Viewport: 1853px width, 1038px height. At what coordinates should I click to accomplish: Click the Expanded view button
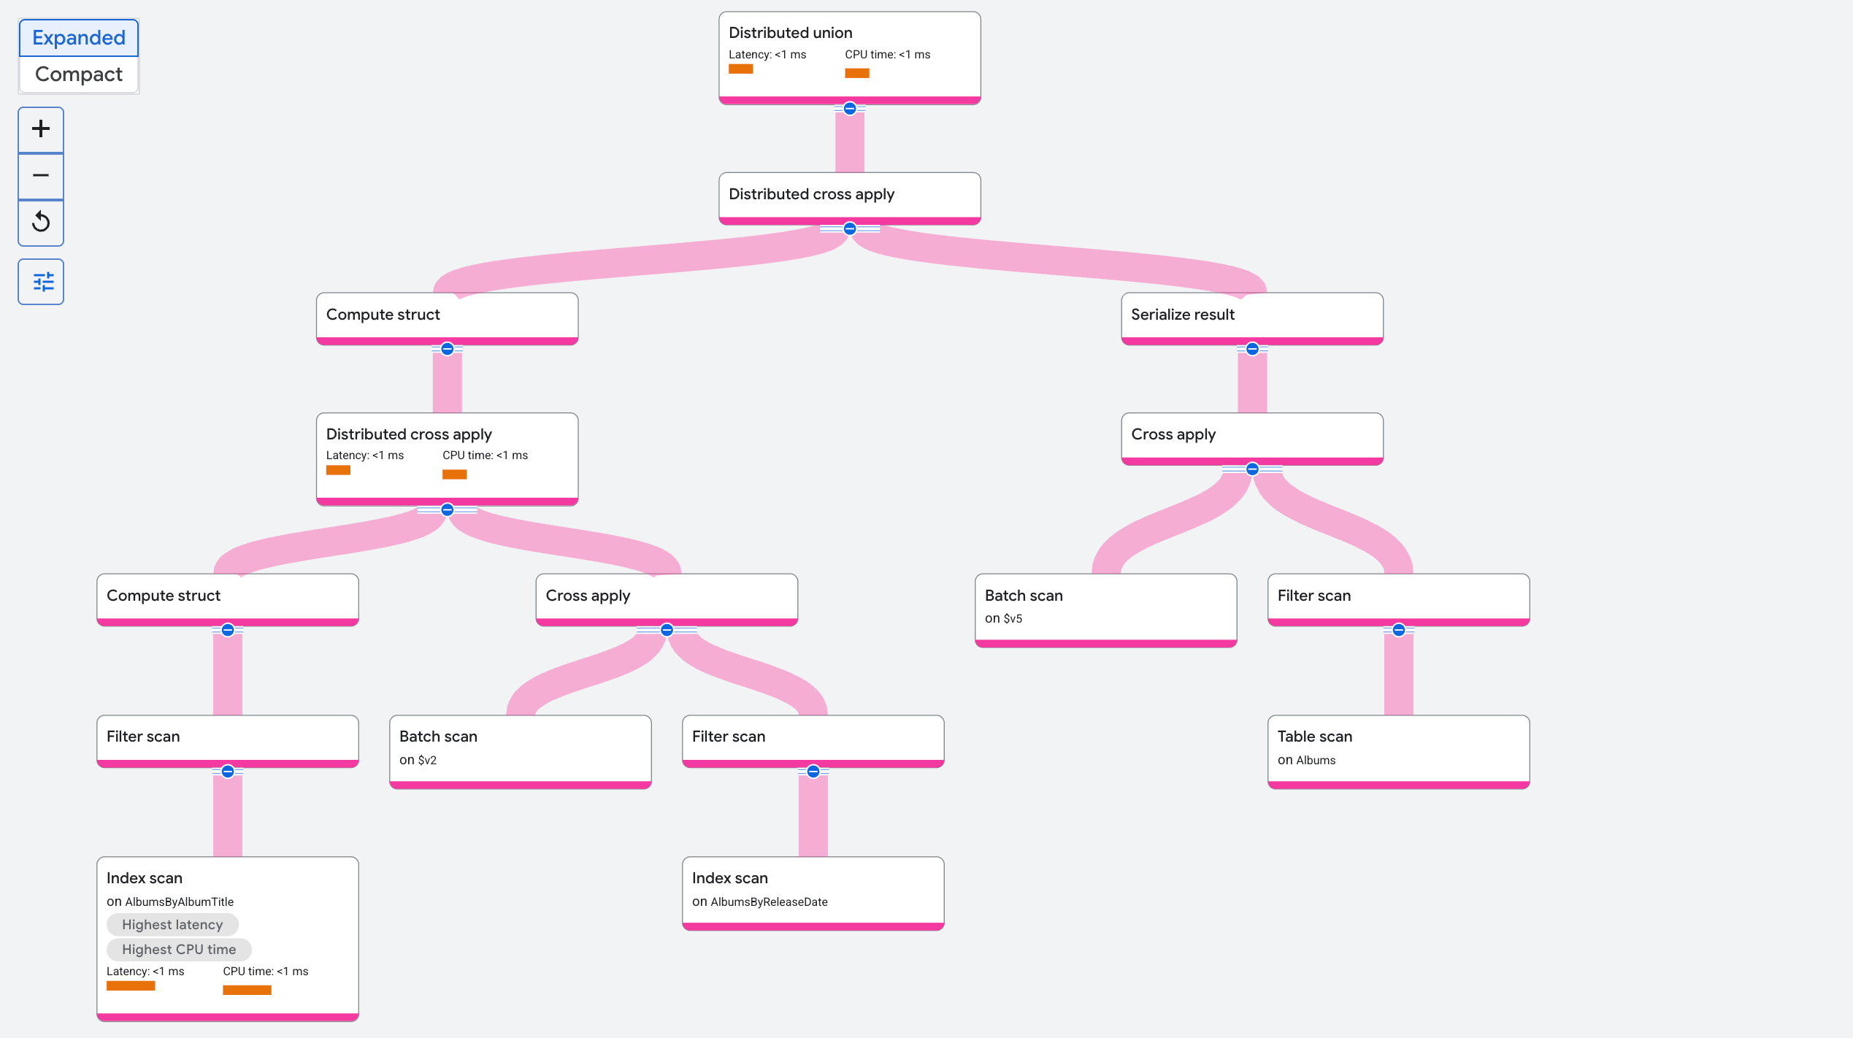coord(79,38)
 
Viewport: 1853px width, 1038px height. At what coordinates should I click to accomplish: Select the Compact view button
coord(79,74)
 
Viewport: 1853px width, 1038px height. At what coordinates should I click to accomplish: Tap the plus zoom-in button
coord(41,129)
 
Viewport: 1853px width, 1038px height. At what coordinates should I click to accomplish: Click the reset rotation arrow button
coord(41,222)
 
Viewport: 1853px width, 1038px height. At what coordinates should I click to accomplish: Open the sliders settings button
coord(41,282)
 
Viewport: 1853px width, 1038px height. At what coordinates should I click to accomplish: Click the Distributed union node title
coord(791,33)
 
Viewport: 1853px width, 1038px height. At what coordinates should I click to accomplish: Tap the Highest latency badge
coord(172,925)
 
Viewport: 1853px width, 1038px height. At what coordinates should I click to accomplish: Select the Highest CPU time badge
coord(179,950)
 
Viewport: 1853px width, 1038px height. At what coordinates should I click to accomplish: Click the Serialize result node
coord(1252,319)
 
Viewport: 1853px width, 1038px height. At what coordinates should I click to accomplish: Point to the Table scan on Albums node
coord(1398,752)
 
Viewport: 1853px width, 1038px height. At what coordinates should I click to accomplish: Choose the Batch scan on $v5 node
coord(1105,610)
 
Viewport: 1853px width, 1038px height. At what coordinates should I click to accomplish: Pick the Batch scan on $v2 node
coord(521,752)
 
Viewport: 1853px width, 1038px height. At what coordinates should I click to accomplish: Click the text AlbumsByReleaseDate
coord(769,902)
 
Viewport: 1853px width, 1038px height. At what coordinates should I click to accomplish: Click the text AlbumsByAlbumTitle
coord(180,902)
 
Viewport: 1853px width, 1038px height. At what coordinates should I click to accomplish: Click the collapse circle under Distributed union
coord(850,109)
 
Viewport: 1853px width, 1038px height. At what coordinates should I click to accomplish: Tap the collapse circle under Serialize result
coord(1252,349)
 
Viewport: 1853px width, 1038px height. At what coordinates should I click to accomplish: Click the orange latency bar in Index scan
coord(131,985)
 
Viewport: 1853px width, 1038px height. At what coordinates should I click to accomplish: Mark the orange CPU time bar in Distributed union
coord(857,73)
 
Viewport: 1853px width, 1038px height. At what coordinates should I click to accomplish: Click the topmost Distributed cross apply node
coord(850,199)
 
